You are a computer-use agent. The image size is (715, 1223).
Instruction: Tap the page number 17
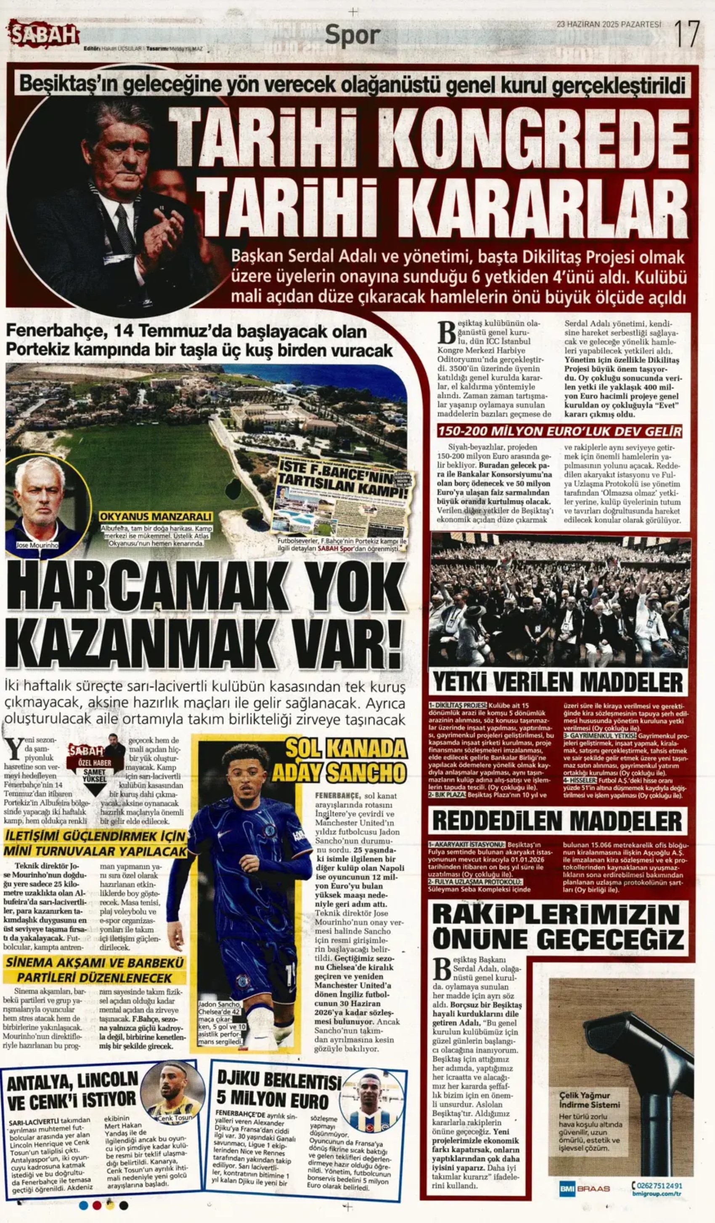pyautogui.click(x=687, y=34)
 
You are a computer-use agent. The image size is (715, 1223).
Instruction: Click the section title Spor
pyautogui.click(x=353, y=35)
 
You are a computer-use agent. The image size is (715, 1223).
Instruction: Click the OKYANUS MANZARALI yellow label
pyautogui.click(x=155, y=517)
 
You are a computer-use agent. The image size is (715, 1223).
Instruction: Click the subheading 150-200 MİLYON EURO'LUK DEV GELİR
pyautogui.click(x=559, y=431)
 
